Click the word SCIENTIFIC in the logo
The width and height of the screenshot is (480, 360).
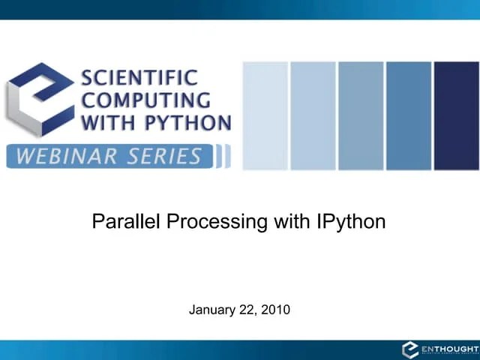[x=139, y=77]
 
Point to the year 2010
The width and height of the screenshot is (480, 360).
[x=276, y=309]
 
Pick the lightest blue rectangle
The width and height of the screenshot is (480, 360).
[x=265, y=115]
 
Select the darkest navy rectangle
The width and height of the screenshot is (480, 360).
[x=456, y=115]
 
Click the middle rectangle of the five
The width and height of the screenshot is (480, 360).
[x=361, y=115]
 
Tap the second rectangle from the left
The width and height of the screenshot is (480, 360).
[x=313, y=115]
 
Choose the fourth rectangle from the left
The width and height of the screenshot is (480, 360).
[x=409, y=115]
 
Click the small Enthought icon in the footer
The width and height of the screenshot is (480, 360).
[x=409, y=349]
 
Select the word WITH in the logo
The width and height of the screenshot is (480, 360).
[x=104, y=122]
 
